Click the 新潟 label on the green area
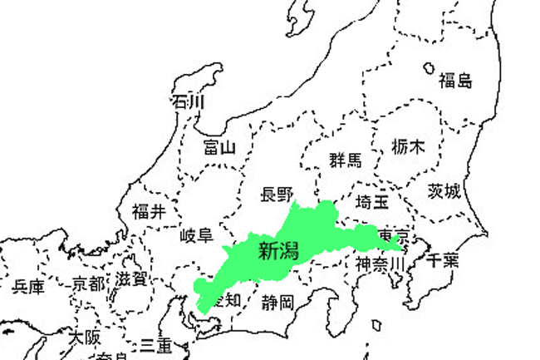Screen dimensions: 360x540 point(278,251)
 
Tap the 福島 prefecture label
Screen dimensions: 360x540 point(455,81)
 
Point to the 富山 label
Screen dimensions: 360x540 point(220,148)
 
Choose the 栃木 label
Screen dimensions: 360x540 point(408,147)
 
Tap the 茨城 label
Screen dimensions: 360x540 point(444,192)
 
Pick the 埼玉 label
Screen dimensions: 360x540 point(372,202)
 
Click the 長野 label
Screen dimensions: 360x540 point(277,195)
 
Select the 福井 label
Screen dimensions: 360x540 point(149,212)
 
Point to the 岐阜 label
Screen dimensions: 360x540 point(196,235)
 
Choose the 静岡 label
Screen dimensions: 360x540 point(276,301)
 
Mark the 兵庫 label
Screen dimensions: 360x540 point(28,288)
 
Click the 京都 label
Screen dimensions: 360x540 point(89,284)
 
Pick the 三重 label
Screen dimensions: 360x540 point(155,343)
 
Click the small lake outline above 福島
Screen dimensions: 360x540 point(430,68)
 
